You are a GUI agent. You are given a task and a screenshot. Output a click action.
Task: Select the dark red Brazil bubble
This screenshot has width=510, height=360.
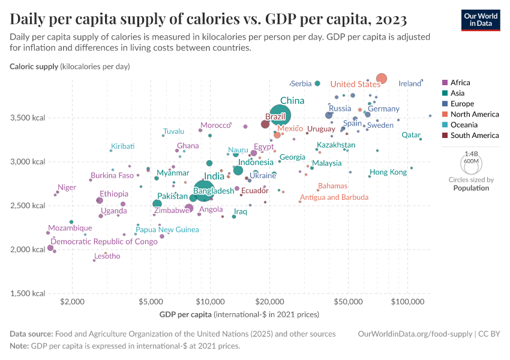coord(265,124)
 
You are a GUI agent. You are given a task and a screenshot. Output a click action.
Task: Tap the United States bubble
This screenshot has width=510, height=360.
coord(382,79)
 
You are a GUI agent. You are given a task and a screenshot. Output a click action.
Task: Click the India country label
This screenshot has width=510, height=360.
coord(214,176)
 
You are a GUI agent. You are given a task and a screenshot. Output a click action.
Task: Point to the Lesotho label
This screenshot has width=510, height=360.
coord(107,256)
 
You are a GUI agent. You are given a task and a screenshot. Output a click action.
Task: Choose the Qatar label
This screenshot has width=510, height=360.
coord(411,135)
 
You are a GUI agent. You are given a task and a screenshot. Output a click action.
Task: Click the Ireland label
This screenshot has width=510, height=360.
coord(410,83)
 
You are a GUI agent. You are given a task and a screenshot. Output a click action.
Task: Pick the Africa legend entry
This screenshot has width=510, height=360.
coord(460,83)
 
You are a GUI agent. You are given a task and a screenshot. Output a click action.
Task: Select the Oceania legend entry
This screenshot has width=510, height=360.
coord(466,125)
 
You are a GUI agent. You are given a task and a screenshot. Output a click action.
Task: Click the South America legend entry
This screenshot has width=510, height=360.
coord(474,136)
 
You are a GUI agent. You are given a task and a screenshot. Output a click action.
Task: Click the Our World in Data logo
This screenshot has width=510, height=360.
coord(481,20)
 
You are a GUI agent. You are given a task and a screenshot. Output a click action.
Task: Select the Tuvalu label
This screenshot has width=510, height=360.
coord(173,131)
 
